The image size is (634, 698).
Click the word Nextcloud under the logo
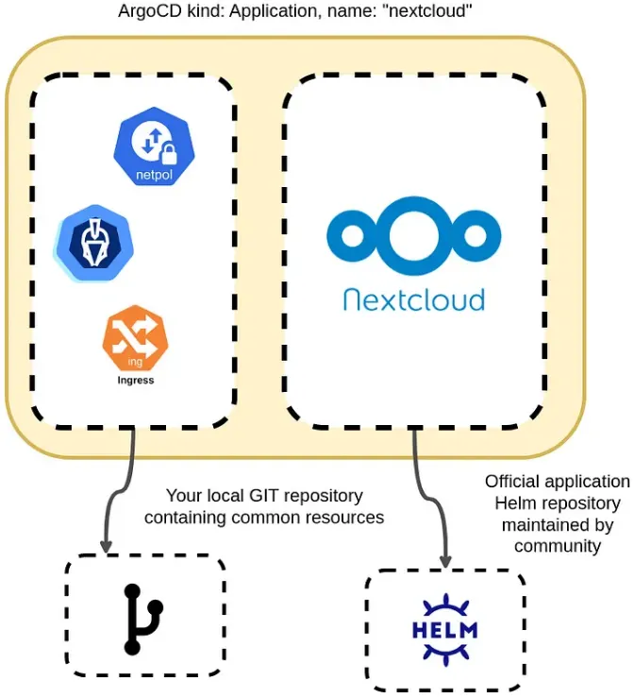click(x=413, y=299)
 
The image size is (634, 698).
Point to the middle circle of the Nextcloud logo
click(x=414, y=234)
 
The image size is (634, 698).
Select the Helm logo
click(x=444, y=629)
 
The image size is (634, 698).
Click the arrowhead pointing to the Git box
click(x=105, y=545)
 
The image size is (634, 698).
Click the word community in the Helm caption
click(x=557, y=545)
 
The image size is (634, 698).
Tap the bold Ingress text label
click(x=135, y=380)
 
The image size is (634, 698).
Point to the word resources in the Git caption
click(x=346, y=517)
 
